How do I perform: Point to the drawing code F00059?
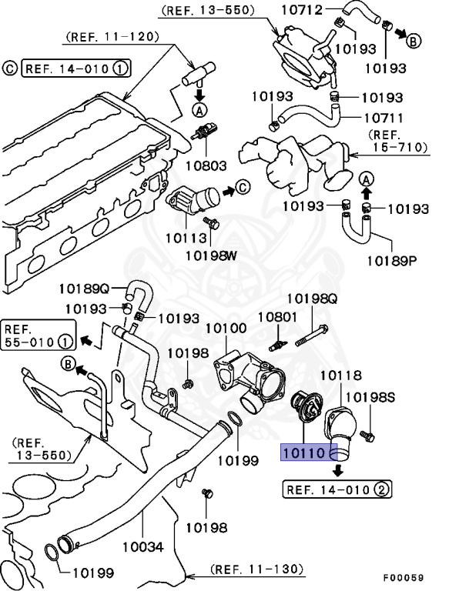tap(403, 578)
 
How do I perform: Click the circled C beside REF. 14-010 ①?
tap(10, 68)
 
